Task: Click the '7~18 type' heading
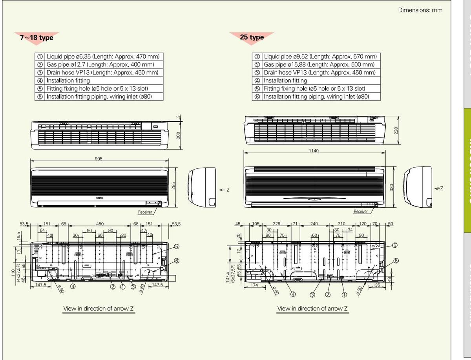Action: point(37,38)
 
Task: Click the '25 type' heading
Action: point(252,37)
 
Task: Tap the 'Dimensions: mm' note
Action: point(420,10)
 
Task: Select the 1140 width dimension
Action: point(314,151)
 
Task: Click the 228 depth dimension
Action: point(396,130)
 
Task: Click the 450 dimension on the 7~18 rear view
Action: point(100,224)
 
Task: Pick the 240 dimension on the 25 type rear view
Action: point(314,224)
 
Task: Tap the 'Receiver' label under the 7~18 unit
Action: point(145,212)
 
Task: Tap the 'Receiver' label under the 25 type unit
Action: point(360,212)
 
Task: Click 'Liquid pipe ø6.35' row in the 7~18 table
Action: point(99,57)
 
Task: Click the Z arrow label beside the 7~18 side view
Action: point(225,190)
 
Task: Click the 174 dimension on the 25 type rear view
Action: point(254,285)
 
